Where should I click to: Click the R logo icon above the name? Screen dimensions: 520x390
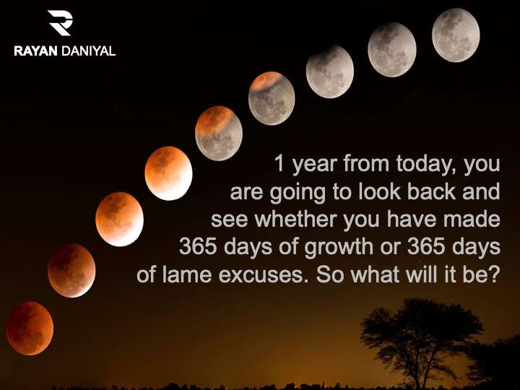click(60, 22)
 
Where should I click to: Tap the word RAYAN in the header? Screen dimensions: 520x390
click(36, 51)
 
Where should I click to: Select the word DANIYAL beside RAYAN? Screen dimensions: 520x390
click(89, 51)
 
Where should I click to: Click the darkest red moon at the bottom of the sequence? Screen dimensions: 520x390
click(30, 328)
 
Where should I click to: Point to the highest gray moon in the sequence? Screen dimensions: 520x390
click(456, 35)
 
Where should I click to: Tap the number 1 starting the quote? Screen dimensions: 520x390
click(280, 164)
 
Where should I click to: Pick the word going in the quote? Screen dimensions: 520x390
click(297, 194)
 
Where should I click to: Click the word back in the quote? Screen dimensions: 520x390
click(430, 191)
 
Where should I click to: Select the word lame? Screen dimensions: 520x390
click(187, 274)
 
